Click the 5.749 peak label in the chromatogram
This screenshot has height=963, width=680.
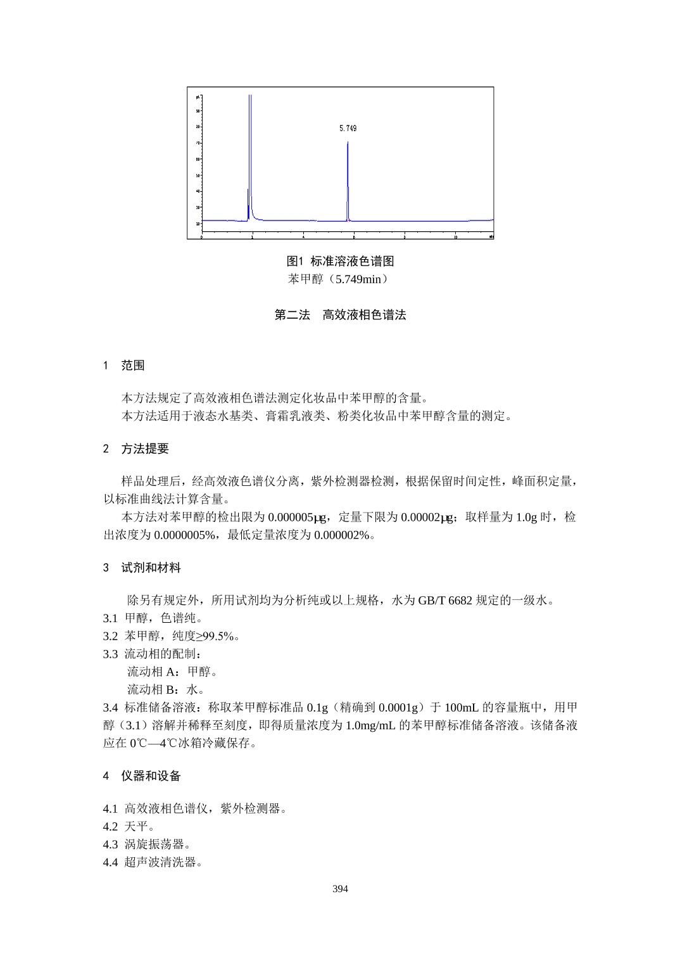click(x=348, y=129)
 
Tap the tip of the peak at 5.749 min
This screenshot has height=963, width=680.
click(x=348, y=143)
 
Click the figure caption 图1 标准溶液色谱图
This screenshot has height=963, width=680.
click(x=340, y=261)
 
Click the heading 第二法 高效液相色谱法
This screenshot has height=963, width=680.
click(x=340, y=315)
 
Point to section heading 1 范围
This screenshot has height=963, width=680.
click(x=124, y=366)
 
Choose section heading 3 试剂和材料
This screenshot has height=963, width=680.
click(x=142, y=568)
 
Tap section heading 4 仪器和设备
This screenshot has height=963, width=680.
click(x=142, y=776)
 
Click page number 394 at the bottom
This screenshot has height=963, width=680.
click(x=340, y=889)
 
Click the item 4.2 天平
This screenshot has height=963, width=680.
click(x=129, y=827)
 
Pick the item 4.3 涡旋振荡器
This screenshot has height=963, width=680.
click(x=147, y=845)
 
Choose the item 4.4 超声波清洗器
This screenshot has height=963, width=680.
click(x=153, y=862)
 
